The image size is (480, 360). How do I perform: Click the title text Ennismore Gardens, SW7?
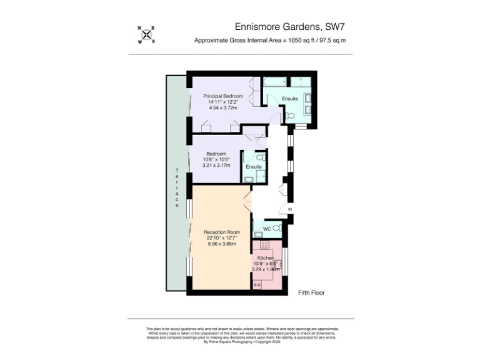289,26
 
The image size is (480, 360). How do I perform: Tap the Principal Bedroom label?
222,96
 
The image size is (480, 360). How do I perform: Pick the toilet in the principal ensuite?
290,116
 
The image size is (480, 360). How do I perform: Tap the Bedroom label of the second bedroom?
216,153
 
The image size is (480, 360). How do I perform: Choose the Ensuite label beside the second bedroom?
254,167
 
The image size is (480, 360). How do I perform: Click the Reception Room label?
222,232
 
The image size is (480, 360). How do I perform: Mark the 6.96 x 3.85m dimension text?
222,243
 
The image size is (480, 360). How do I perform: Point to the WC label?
266,229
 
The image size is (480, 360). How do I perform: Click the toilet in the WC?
277,229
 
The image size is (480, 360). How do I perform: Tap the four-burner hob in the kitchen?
257,284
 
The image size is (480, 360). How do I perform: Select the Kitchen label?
266,258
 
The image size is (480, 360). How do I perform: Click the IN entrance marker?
289,209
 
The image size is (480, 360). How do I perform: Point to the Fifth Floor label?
311,292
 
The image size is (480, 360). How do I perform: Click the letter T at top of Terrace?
177,171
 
